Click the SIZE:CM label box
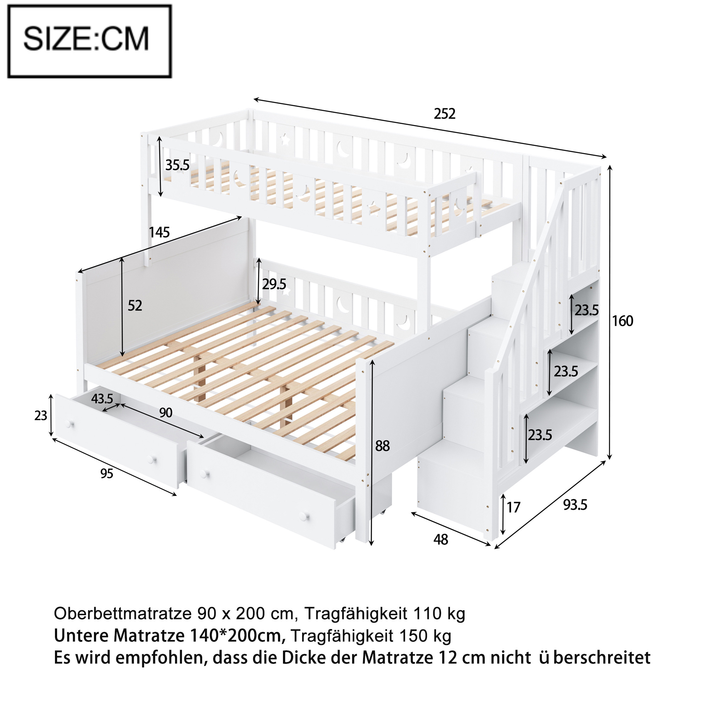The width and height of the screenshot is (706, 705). coord(89,41)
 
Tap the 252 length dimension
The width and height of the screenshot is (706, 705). coord(445,114)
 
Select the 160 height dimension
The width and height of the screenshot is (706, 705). coord(623,321)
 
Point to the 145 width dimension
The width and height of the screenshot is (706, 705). coord(159,232)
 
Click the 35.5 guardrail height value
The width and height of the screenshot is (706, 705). coord(177,165)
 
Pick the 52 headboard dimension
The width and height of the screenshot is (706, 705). coord(135,306)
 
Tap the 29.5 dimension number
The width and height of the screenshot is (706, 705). coord(274,284)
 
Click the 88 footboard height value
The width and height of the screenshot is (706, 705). coord(383,446)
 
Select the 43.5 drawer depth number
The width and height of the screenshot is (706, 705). coord(102,399)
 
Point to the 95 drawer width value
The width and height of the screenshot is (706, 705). coord(107,474)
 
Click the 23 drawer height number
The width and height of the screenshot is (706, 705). coord(40,416)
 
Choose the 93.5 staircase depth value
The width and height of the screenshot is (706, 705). coord(575,505)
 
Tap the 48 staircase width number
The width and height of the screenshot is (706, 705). coord(441,540)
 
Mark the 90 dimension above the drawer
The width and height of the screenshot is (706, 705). coord(166,413)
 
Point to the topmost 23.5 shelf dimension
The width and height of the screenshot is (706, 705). coord(587,310)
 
